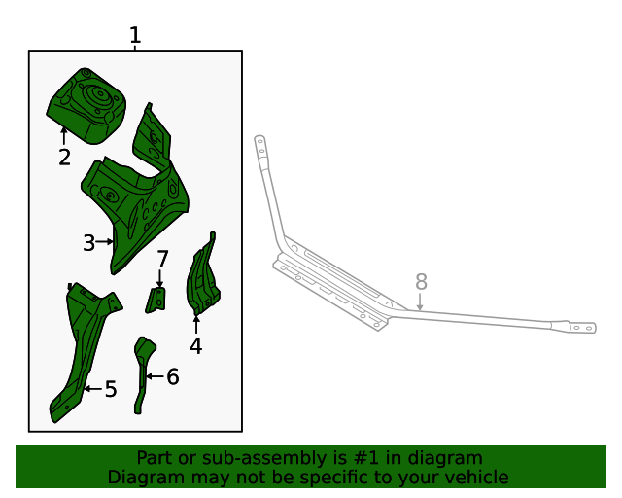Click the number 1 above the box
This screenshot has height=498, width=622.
pyautogui.click(x=135, y=35)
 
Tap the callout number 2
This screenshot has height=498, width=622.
pyautogui.click(x=65, y=158)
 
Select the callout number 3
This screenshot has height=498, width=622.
pyautogui.click(x=88, y=242)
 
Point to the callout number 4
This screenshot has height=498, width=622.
pyautogui.click(x=196, y=345)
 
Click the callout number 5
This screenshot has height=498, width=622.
pyautogui.click(x=111, y=389)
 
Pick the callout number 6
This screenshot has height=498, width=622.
pyautogui.click(x=173, y=376)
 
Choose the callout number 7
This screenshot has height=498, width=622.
pyautogui.click(x=162, y=259)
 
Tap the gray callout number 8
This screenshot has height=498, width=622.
pyautogui.click(x=421, y=281)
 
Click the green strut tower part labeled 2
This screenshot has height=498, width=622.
pyautogui.click(x=87, y=105)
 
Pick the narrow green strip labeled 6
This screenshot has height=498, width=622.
pyautogui.click(x=142, y=373)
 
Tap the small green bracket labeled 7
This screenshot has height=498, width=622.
pyautogui.click(x=155, y=301)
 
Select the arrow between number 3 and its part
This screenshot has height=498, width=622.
pyautogui.click(x=105, y=241)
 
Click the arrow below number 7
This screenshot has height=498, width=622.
pyautogui.click(x=159, y=278)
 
